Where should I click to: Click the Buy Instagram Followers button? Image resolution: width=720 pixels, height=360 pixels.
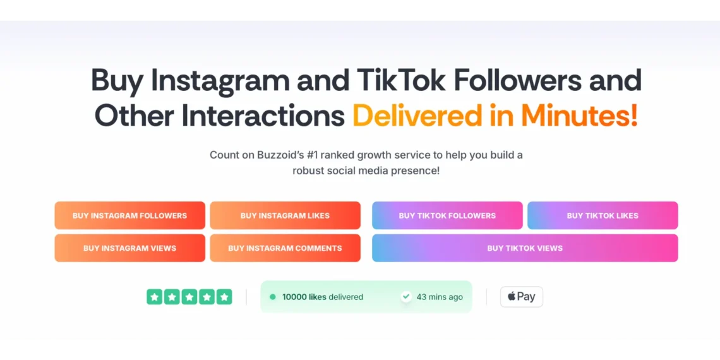(130, 215)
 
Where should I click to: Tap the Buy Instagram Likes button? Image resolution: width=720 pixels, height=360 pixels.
(285, 215)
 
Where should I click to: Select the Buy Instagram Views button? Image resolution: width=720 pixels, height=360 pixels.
(130, 248)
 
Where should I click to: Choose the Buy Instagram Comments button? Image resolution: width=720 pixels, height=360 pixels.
(285, 248)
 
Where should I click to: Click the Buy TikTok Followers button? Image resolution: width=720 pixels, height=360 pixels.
(447, 215)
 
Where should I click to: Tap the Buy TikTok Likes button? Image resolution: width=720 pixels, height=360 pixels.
(603, 215)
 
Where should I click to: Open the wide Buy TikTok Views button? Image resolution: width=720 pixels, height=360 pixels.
(525, 248)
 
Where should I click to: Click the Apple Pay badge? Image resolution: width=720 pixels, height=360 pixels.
(522, 297)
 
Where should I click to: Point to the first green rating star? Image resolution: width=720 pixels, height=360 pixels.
(155, 297)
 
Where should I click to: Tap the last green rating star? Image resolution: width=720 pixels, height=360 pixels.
(224, 297)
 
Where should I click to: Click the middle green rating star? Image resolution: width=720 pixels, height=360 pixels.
(189, 297)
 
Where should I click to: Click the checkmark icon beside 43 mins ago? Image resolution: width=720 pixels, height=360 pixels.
(406, 297)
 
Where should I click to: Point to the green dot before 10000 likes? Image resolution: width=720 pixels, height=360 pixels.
(273, 297)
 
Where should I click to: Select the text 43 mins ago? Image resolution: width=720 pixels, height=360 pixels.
(440, 297)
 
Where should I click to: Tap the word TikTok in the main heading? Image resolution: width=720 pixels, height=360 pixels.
(399, 80)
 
